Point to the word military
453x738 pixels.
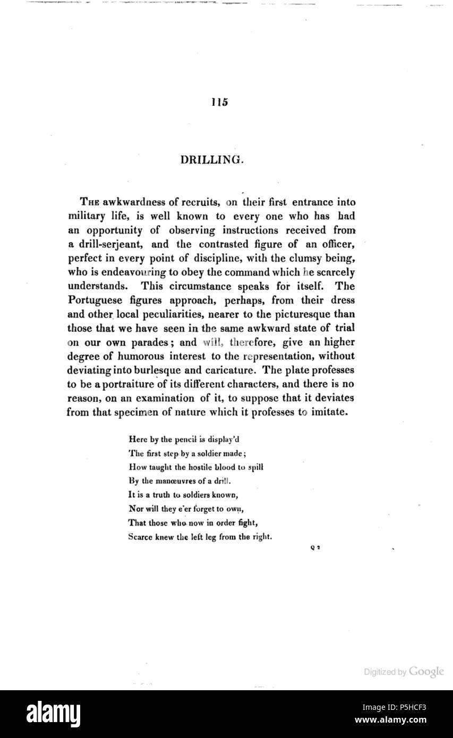pyautogui.click(x=87, y=216)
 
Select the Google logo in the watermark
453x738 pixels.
pyautogui.click(x=426, y=672)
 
